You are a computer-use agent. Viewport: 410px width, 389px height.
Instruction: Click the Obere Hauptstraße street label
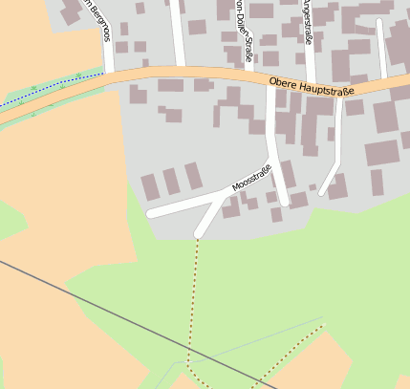click(312, 87)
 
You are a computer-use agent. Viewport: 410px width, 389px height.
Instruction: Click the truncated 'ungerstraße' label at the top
click(306, 21)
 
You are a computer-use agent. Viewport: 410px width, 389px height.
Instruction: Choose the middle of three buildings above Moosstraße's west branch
click(171, 181)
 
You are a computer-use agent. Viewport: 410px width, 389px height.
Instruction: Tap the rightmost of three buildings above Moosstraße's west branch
click(194, 176)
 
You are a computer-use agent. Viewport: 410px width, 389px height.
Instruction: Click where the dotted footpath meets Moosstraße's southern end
click(198, 234)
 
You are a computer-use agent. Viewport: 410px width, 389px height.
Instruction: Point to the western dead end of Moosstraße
click(152, 213)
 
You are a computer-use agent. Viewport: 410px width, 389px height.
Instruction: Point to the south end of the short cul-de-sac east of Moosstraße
click(323, 193)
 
